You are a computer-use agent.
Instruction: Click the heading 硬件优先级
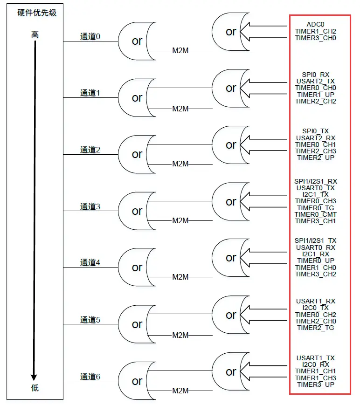(37, 13)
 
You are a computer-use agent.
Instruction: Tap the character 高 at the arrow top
(35, 35)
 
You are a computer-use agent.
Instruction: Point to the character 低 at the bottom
(35, 388)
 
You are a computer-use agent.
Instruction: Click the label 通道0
(90, 36)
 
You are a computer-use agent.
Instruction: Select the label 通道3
(90, 206)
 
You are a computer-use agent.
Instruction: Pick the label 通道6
(90, 377)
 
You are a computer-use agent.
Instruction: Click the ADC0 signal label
(315, 24)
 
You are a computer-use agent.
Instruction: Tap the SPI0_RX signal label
(315, 75)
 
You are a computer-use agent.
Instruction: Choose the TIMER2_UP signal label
(315, 158)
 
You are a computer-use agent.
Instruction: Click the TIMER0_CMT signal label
(315, 214)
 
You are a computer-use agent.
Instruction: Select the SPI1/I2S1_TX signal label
(315, 240)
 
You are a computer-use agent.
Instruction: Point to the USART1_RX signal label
(315, 301)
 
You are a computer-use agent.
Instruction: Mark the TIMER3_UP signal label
(315, 384)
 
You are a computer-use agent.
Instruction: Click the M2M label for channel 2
(180, 164)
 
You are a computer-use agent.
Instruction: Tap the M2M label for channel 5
(180, 335)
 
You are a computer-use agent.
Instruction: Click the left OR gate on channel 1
(136, 98)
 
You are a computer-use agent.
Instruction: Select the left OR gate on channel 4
(136, 268)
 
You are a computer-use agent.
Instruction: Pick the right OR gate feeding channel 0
(230, 32)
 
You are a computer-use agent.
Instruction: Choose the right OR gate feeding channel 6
(230, 372)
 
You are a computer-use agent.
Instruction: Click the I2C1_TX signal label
(315, 194)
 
